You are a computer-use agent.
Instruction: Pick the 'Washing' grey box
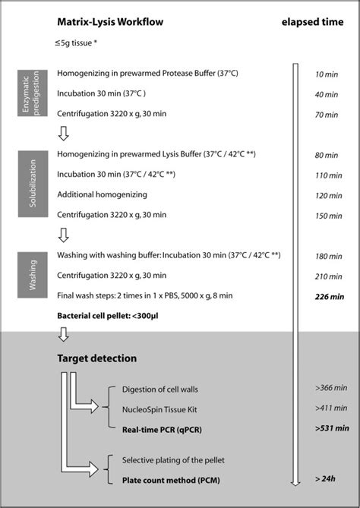pos(29,276)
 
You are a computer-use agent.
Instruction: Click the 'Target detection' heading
pos(96,357)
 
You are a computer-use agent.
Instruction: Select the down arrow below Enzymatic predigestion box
pos(63,134)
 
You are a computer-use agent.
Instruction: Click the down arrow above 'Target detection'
pos(63,334)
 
